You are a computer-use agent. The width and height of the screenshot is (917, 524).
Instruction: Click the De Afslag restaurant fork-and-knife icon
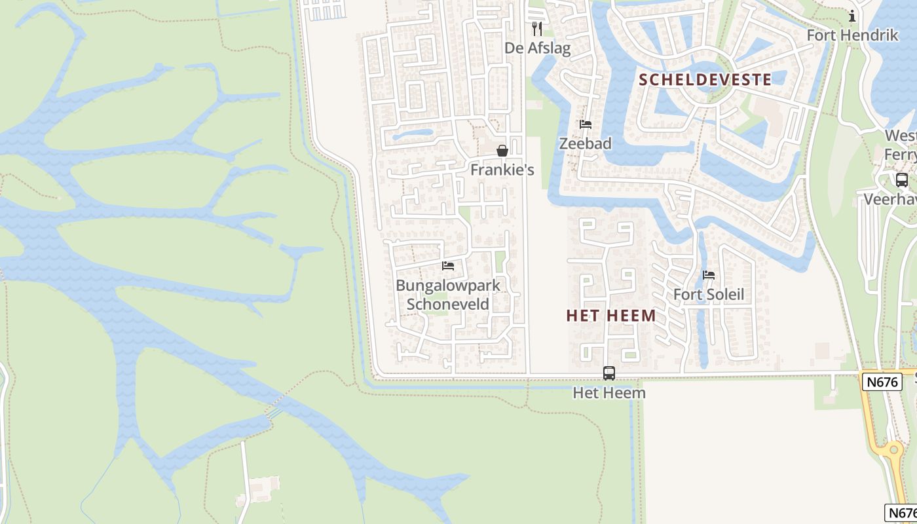537,29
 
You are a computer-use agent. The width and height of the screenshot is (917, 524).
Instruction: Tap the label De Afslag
537,48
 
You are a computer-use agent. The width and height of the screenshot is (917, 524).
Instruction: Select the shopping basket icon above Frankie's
502,151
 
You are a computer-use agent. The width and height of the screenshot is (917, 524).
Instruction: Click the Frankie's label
502,170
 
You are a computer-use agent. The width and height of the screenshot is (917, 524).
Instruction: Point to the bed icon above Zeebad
585,124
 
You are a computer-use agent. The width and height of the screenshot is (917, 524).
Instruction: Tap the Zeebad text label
585,143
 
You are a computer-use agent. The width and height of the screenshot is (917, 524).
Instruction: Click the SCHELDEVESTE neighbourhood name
705,80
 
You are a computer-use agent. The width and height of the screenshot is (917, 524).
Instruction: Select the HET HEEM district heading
611,316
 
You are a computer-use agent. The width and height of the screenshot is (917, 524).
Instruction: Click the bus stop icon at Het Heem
609,373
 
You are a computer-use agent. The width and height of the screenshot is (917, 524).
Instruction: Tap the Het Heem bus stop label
609,392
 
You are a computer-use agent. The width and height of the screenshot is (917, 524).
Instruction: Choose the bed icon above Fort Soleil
709,275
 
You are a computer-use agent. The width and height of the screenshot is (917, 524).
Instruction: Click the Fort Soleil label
709,294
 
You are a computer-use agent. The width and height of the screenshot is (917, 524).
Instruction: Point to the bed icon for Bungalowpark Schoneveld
448,266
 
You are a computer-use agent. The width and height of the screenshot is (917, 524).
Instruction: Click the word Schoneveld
448,304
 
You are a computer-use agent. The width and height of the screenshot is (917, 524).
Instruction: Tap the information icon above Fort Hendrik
852,16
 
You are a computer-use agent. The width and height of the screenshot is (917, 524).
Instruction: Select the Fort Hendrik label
852,35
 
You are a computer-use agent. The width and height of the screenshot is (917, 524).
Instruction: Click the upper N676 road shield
882,381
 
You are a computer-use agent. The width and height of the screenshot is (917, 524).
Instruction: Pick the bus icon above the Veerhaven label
902,179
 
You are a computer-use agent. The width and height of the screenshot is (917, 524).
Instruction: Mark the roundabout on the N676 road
891,451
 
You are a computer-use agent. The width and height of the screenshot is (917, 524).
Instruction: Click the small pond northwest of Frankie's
413,135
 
